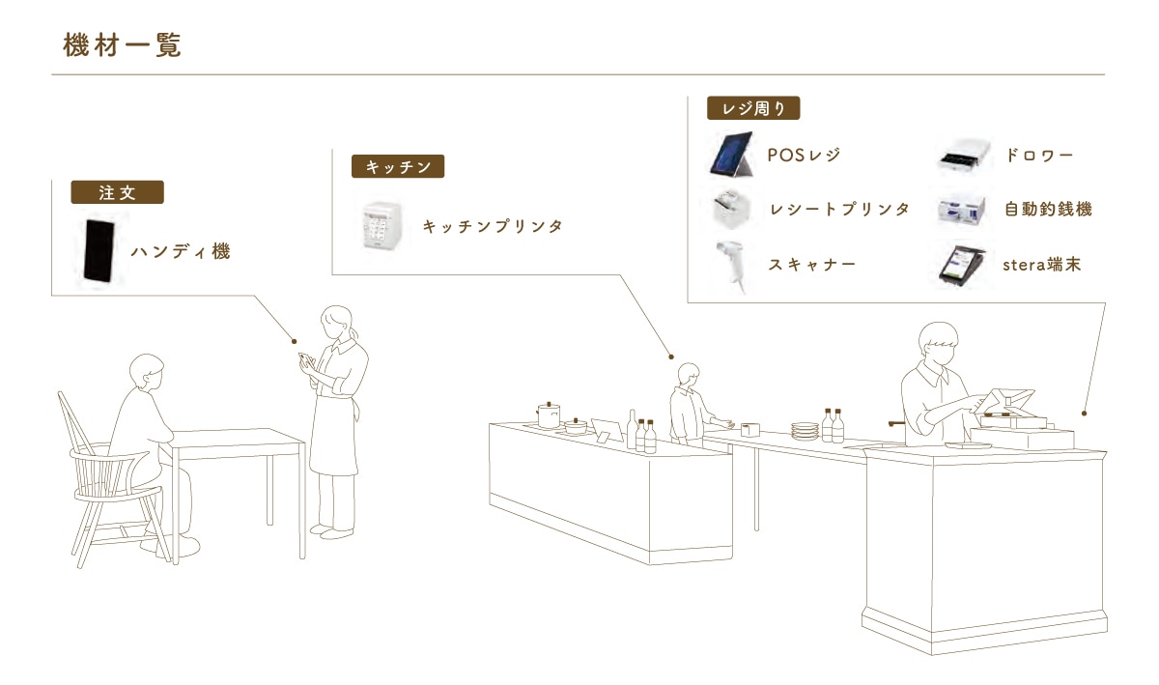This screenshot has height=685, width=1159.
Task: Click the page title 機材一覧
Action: click(x=122, y=45)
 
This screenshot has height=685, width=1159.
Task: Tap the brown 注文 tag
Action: click(x=118, y=192)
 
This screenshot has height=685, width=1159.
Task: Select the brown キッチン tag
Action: click(x=398, y=167)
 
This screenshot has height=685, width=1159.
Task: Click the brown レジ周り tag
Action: click(x=753, y=108)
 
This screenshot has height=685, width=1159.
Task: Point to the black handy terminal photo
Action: click(x=99, y=251)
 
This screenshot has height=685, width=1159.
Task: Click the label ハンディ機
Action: click(x=181, y=251)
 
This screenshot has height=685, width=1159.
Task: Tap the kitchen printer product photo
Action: click(x=382, y=226)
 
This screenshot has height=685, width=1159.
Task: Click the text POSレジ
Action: click(x=804, y=155)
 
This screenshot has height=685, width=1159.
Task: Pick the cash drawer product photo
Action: click(x=965, y=156)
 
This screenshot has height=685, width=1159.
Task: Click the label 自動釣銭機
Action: click(x=1048, y=210)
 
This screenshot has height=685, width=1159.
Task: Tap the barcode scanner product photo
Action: click(x=730, y=266)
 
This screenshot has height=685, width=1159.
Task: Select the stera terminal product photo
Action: click(x=962, y=266)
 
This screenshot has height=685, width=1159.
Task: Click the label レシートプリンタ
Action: click(x=839, y=210)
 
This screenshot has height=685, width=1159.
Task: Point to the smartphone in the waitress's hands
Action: click(x=306, y=359)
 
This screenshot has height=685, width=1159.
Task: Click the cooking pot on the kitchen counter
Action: click(x=549, y=415)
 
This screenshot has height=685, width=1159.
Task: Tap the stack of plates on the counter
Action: click(x=806, y=431)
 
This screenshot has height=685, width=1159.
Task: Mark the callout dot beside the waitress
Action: click(x=294, y=341)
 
